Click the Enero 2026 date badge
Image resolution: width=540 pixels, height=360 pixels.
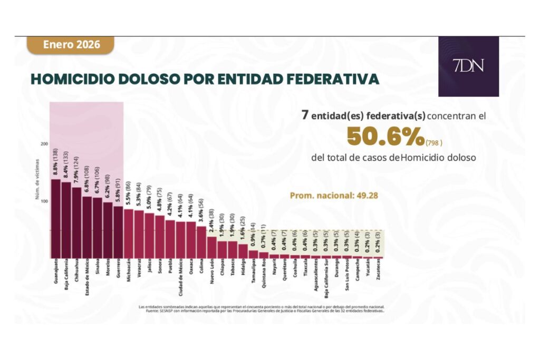tap(71, 45)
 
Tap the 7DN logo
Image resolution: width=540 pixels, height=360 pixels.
tap(468, 66)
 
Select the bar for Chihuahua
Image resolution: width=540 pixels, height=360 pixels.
tap(76, 221)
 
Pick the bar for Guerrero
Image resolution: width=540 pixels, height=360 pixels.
tap(118, 231)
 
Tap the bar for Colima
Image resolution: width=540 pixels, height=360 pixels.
tap(201, 241)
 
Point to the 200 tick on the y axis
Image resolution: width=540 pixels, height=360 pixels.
tap(44, 143)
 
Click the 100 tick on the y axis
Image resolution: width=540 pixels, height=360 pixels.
tap(44, 201)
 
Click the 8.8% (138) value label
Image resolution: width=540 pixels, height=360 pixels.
tap(55, 162)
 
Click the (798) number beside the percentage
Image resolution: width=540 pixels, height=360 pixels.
tap(435, 143)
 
